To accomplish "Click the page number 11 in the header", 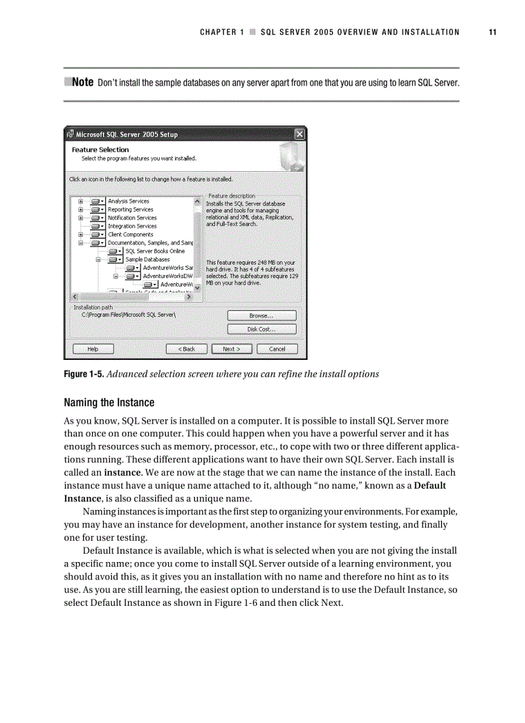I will (x=492, y=32).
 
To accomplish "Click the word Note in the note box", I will (x=82, y=82).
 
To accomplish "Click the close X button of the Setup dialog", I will (x=299, y=135).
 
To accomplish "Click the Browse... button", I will (x=261, y=315).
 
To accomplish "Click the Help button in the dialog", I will (x=93, y=349).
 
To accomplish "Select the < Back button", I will (x=187, y=349).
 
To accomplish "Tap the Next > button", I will (x=231, y=349).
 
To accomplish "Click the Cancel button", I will (x=277, y=349).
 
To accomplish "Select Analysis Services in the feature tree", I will (x=128, y=201).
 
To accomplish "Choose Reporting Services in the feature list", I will (x=130, y=209).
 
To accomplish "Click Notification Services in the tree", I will (x=132, y=218).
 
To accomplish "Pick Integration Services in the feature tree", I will (x=132, y=226).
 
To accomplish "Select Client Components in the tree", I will (x=130, y=234).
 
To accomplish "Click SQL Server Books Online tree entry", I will (x=154, y=251).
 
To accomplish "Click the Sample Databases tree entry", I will (x=147, y=259).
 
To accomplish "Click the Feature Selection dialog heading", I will (x=100, y=149).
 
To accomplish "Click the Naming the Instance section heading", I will (x=109, y=403).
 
